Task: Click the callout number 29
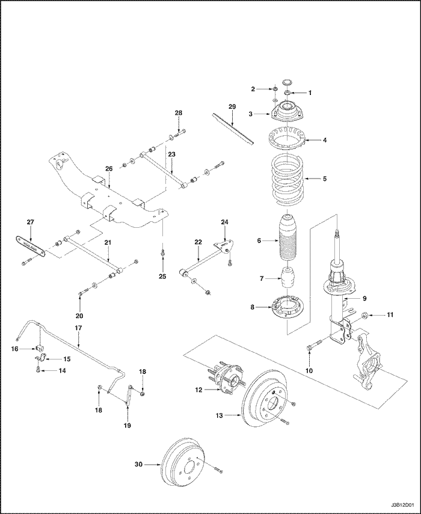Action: [x=232, y=107]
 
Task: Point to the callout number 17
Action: [x=78, y=328]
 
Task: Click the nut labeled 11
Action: [x=365, y=314]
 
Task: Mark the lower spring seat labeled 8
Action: [x=287, y=308]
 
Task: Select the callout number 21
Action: [x=109, y=242]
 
